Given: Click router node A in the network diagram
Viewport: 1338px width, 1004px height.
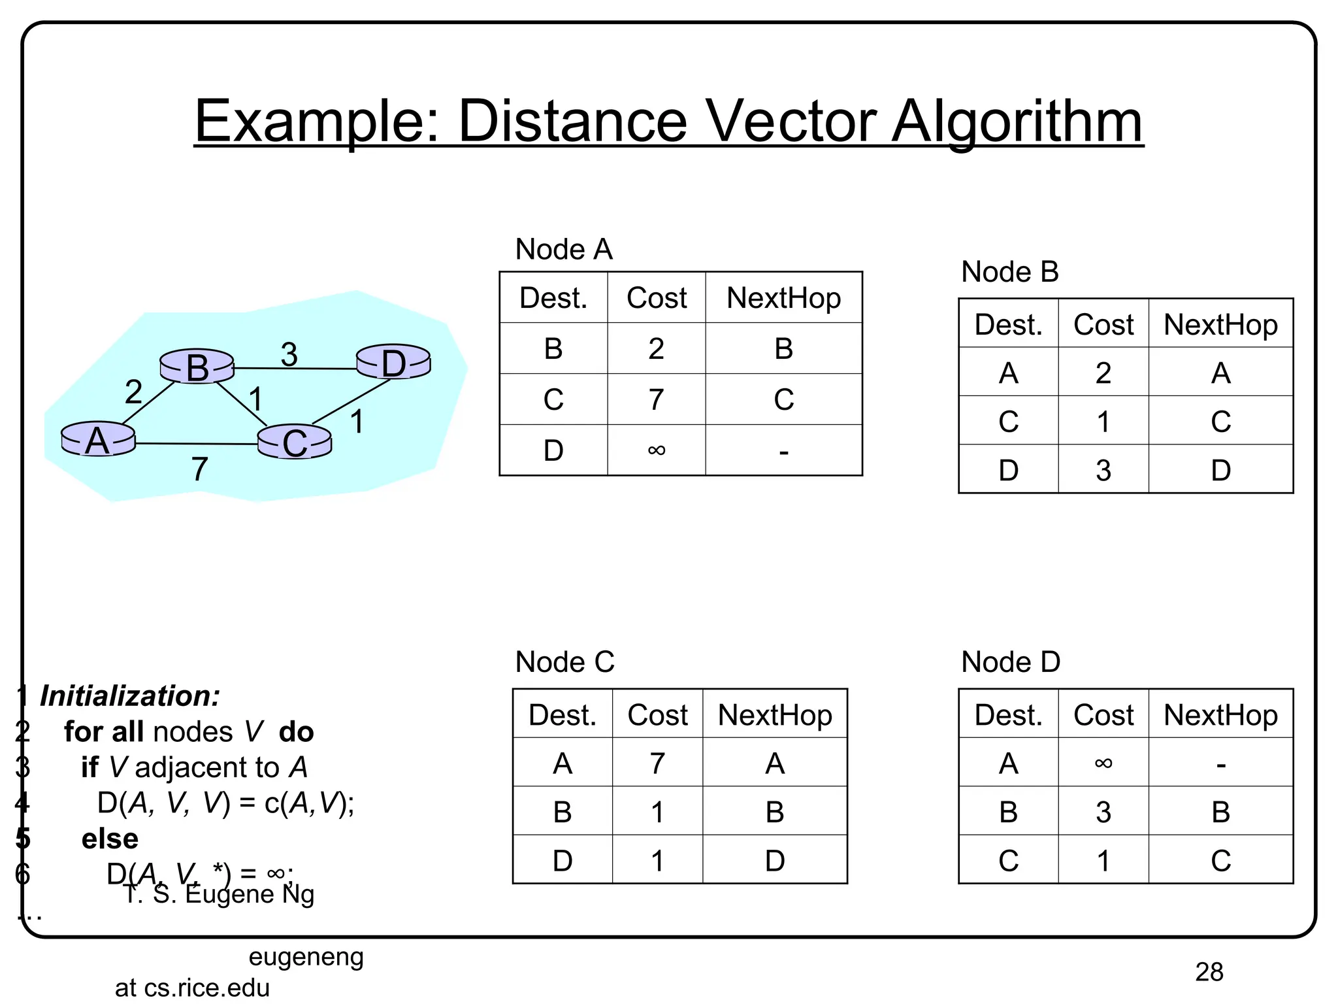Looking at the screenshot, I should (98, 439).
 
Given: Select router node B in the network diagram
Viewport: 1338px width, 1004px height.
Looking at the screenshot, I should (197, 366).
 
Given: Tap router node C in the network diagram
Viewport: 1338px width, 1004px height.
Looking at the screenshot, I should (295, 442).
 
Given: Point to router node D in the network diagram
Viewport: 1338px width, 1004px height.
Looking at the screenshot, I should (393, 362).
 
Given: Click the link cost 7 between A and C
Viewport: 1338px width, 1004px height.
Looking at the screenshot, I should (200, 469).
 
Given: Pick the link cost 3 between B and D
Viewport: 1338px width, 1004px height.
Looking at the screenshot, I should (289, 354).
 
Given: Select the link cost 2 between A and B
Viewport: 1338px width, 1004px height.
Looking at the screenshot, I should (133, 392).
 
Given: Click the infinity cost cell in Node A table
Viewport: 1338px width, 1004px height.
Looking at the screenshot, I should (657, 450).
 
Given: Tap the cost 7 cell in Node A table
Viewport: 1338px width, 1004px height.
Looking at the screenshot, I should (657, 399).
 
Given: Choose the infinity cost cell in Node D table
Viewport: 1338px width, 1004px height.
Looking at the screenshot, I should (1103, 763).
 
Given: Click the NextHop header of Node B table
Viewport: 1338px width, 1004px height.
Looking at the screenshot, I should (1220, 324).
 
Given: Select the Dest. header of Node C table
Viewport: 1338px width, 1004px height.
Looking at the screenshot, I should (563, 714).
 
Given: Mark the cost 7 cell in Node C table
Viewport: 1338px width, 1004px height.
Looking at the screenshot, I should (657, 763).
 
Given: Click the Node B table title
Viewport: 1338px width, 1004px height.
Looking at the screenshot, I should (1009, 272).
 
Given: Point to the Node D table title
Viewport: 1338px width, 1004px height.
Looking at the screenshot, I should (1011, 662).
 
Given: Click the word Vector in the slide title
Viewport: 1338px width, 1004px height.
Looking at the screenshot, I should (792, 122).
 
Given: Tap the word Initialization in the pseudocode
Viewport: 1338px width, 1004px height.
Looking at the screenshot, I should (130, 696).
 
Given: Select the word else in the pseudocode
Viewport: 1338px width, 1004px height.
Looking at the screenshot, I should (110, 839).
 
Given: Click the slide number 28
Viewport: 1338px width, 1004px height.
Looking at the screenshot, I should (1209, 972).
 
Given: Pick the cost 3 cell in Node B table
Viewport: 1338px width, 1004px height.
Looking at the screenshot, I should (1103, 470).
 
